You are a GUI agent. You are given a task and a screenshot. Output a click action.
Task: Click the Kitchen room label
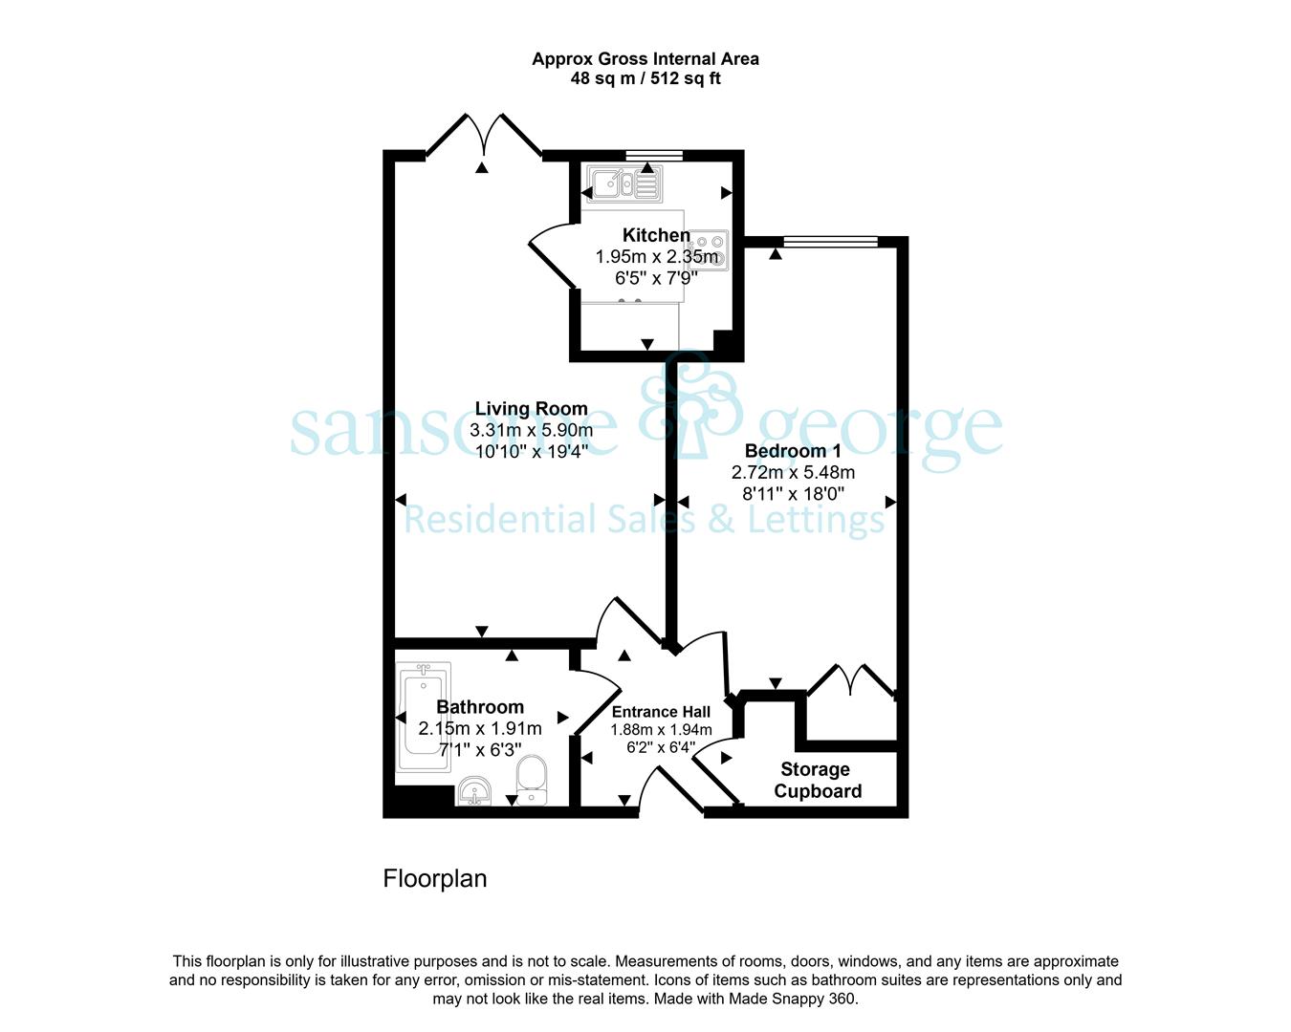(x=656, y=235)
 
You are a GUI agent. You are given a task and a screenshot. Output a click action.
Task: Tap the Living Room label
(x=532, y=409)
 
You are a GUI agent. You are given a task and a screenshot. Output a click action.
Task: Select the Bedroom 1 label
(x=793, y=451)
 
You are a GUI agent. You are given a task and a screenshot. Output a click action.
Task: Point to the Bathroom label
(x=480, y=707)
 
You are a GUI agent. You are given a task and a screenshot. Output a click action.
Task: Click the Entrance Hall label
(x=661, y=712)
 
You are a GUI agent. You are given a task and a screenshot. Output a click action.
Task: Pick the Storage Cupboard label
(x=817, y=780)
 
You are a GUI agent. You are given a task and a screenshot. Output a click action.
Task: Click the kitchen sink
(x=624, y=183)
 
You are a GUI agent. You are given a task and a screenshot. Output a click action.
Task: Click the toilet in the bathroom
(x=532, y=780)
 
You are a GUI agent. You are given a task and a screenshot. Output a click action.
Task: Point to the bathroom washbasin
(x=475, y=791)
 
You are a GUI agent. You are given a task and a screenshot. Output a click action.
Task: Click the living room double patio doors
(x=484, y=136)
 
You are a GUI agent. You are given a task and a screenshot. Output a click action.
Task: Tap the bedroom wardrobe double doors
(x=852, y=682)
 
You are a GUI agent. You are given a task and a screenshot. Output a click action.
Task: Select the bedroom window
(x=831, y=242)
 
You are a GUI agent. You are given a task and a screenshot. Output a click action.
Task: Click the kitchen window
(x=654, y=156)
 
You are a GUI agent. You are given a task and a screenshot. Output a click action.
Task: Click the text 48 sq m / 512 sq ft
(x=645, y=78)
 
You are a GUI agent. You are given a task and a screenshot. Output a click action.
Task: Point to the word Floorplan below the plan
(x=435, y=879)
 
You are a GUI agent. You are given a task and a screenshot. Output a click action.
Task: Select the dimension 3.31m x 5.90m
(x=532, y=430)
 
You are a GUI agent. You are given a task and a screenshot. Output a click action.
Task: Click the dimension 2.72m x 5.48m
(x=793, y=473)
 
